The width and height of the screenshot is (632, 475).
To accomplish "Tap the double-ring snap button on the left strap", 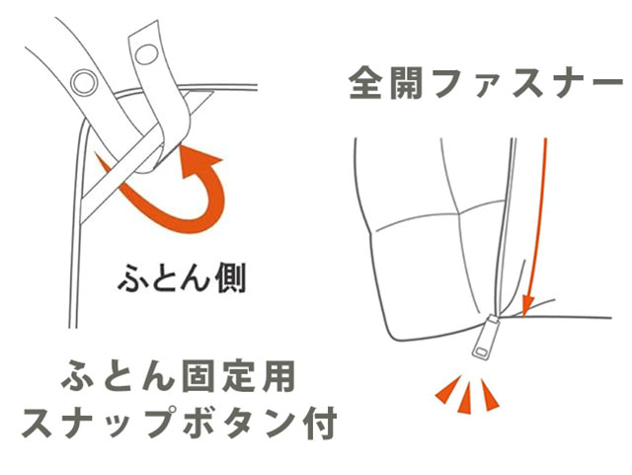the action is [84, 82].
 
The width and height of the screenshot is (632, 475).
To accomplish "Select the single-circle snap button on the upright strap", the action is [146, 54].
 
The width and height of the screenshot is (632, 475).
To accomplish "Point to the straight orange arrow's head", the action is [527, 306].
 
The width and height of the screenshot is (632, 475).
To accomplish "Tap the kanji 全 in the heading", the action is [365, 84].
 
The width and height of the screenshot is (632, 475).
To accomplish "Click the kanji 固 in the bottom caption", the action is [197, 377].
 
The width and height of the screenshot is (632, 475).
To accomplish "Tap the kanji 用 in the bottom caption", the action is [278, 377].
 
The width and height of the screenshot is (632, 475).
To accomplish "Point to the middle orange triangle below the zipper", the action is [467, 398].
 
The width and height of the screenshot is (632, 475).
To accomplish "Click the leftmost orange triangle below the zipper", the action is [449, 389].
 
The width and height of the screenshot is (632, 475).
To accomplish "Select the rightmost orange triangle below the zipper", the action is [490, 396].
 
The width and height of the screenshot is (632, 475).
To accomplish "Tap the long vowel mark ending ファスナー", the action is [606, 82].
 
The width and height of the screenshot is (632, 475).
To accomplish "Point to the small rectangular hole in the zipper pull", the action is [480, 352].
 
